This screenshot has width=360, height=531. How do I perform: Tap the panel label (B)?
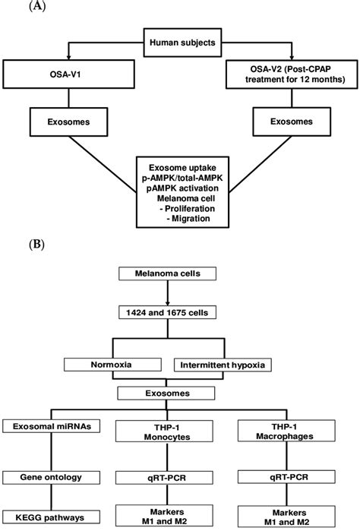[x=36, y=245]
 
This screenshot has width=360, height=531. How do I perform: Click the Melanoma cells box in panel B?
[x=180, y=273]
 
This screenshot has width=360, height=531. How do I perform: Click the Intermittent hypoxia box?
[x=227, y=365]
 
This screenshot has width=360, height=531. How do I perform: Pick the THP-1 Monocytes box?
[x=180, y=430]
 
